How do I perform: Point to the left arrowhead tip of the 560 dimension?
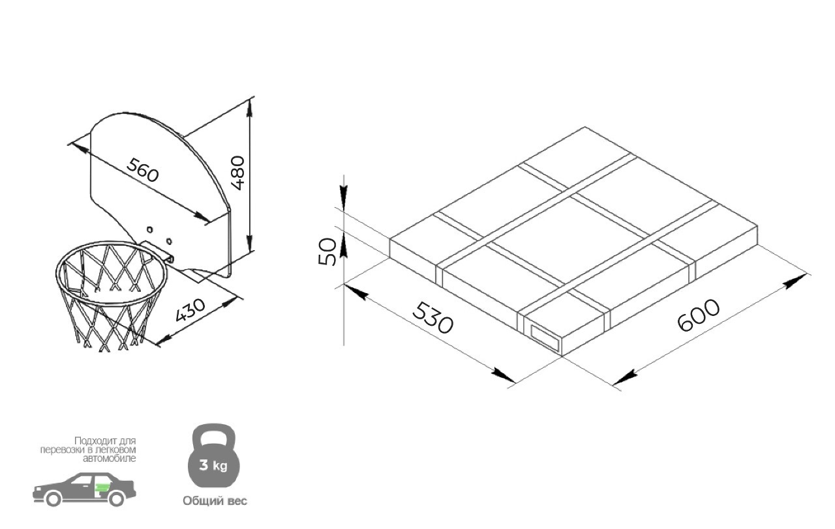click(71, 143)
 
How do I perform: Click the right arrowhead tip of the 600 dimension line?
click(806, 276)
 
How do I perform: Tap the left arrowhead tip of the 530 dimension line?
click(345, 285)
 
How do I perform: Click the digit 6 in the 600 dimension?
click(686, 322)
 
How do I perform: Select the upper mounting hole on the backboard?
click(149, 229)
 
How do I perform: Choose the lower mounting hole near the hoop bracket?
click(169, 241)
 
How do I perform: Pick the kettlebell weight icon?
click(213, 455)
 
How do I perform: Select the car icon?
click(84, 489)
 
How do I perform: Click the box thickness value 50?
click(327, 251)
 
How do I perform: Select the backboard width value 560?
click(142, 170)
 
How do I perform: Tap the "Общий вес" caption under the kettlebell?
click(215, 501)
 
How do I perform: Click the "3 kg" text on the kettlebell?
click(213, 465)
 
